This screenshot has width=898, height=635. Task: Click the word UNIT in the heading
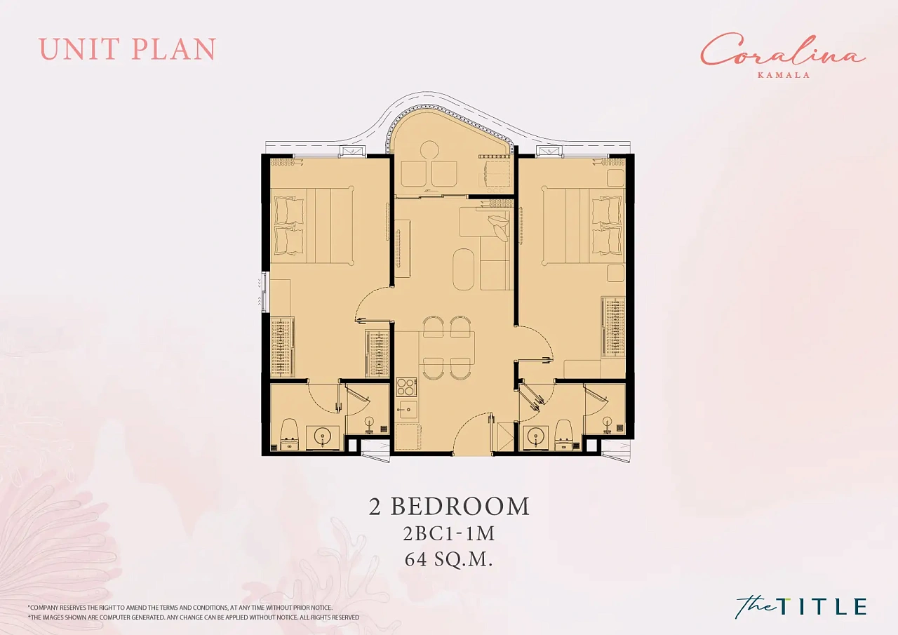78,49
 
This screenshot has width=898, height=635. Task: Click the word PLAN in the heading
173,49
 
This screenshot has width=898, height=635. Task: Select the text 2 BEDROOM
449,506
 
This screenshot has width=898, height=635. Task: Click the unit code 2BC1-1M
449,533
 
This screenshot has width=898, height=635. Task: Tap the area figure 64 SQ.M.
448,559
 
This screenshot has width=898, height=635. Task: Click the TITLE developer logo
800,606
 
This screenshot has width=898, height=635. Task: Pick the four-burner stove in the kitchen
406,387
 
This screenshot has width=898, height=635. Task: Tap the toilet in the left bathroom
288,434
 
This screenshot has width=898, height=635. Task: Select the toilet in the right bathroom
564,434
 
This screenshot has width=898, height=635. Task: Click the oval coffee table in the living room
464,268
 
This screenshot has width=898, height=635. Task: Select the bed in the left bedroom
313,225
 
